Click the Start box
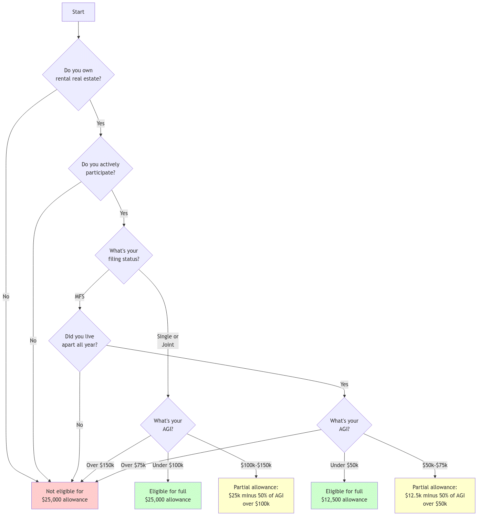[78, 12]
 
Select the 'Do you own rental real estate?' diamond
[79, 74]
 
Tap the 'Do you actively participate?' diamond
[101, 168]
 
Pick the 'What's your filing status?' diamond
[124, 255]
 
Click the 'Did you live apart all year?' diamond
[80, 340]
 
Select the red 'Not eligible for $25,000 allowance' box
[65, 495]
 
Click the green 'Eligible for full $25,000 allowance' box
[168, 495]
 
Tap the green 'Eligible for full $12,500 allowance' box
[344, 495]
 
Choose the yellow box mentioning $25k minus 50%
[256, 495]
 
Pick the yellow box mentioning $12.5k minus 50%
[435, 495]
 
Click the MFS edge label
[80, 296]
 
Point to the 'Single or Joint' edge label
[168, 340]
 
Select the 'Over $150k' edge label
[100, 465]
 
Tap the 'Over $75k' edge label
[133, 465]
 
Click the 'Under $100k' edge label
[168, 465]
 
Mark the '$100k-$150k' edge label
[256, 465]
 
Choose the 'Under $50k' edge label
[344, 465]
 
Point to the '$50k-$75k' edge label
[435, 465]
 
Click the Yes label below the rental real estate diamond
[101, 123]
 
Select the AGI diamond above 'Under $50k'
[344, 425]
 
